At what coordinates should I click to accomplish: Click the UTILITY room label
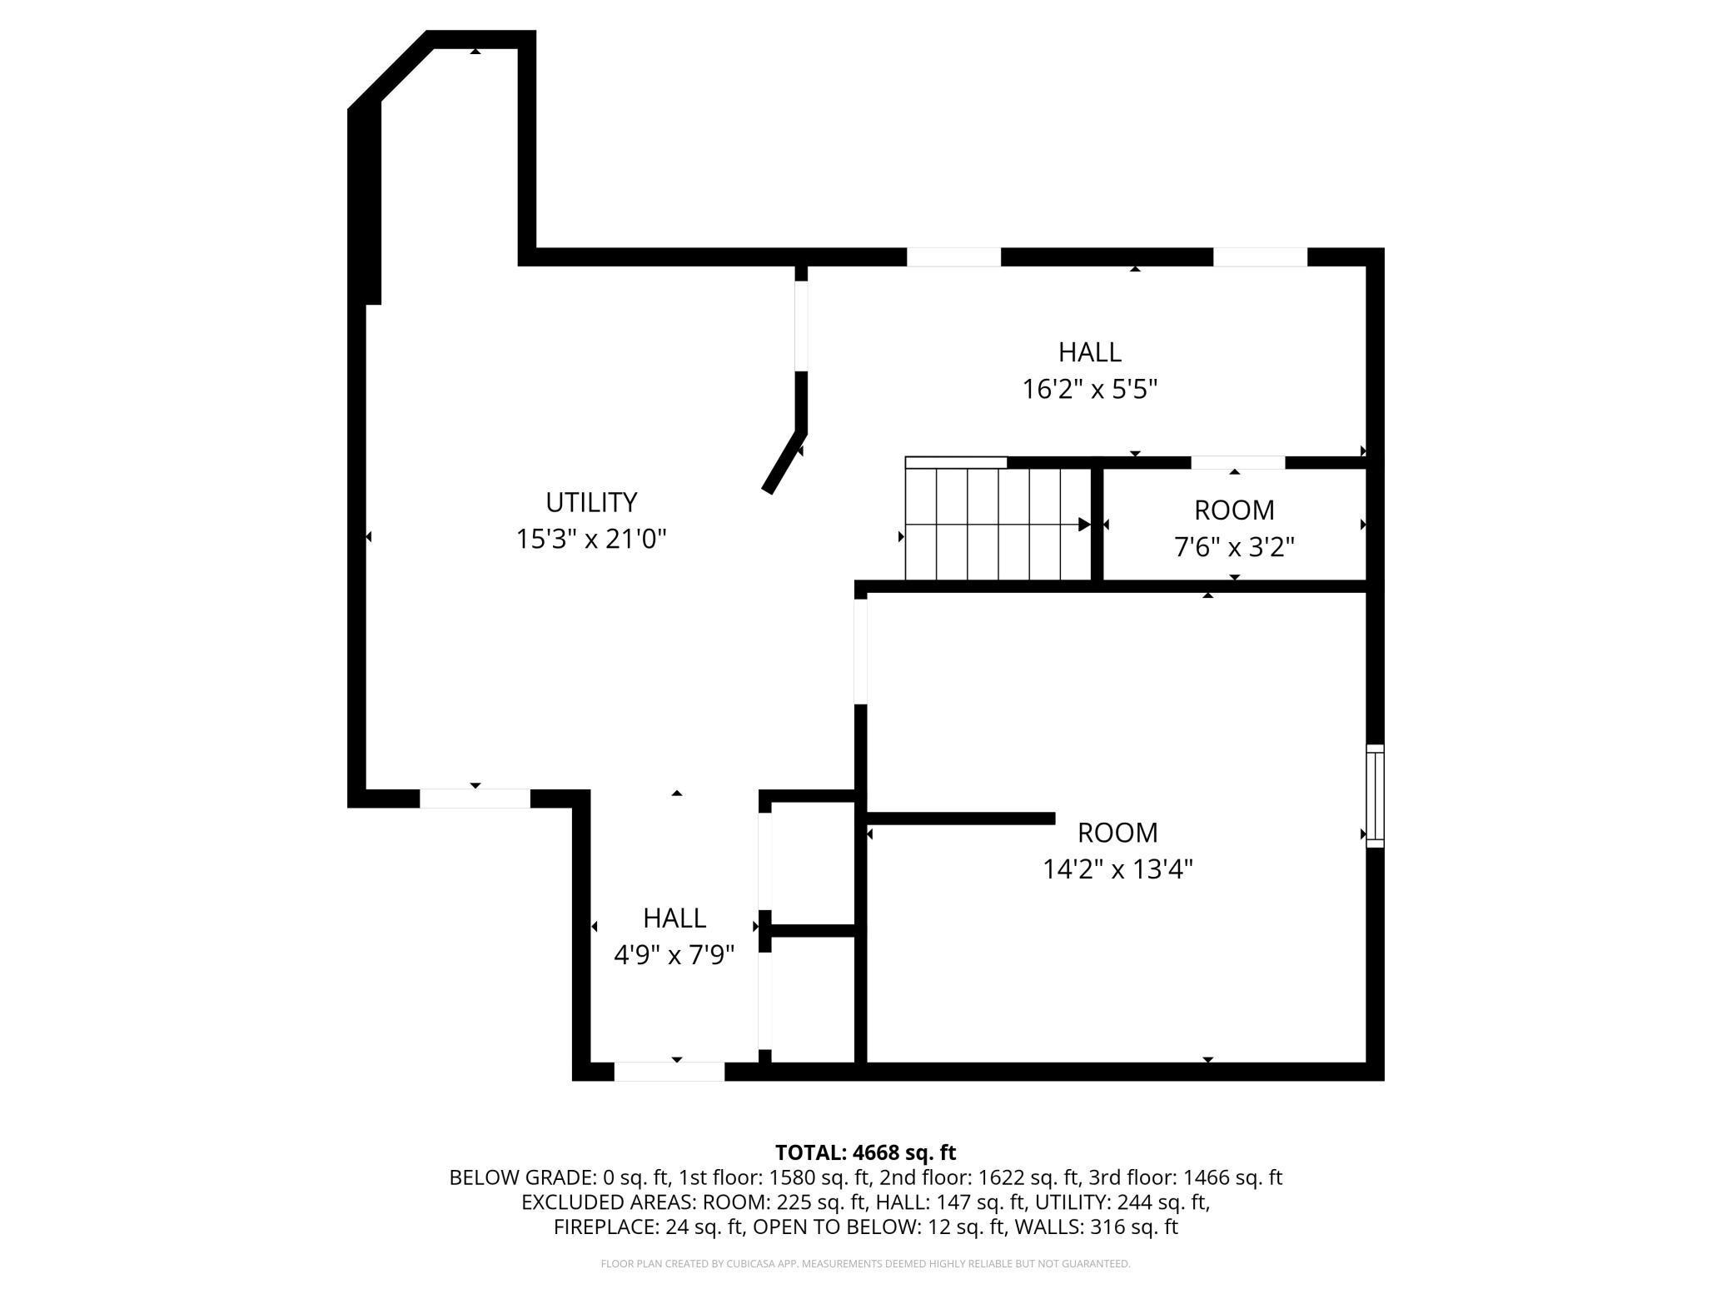point(591,502)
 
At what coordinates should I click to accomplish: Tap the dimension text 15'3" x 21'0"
point(591,540)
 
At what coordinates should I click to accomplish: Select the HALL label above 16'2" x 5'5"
point(1089,352)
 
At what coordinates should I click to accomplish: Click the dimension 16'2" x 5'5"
point(1089,389)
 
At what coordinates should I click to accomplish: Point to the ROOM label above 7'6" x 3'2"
point(1233,510)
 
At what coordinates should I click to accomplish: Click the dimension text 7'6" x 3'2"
point(1233,547)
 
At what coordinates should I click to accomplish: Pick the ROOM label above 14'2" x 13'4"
point(1117,833)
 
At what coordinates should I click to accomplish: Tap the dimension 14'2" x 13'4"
point(1117,869)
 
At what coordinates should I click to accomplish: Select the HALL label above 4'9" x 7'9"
point(674,918)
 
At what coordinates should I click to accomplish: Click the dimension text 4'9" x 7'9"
point(674,954)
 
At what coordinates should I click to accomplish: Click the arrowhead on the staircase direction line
point(1083,525)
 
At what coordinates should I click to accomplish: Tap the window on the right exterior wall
point(1375,796)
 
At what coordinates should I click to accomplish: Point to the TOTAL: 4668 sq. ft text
point(865,1152)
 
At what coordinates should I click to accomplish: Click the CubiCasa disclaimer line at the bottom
point(865,1264)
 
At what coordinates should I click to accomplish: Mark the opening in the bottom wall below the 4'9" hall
point(669,1072)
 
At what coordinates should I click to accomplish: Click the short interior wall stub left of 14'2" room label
point(961,819)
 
